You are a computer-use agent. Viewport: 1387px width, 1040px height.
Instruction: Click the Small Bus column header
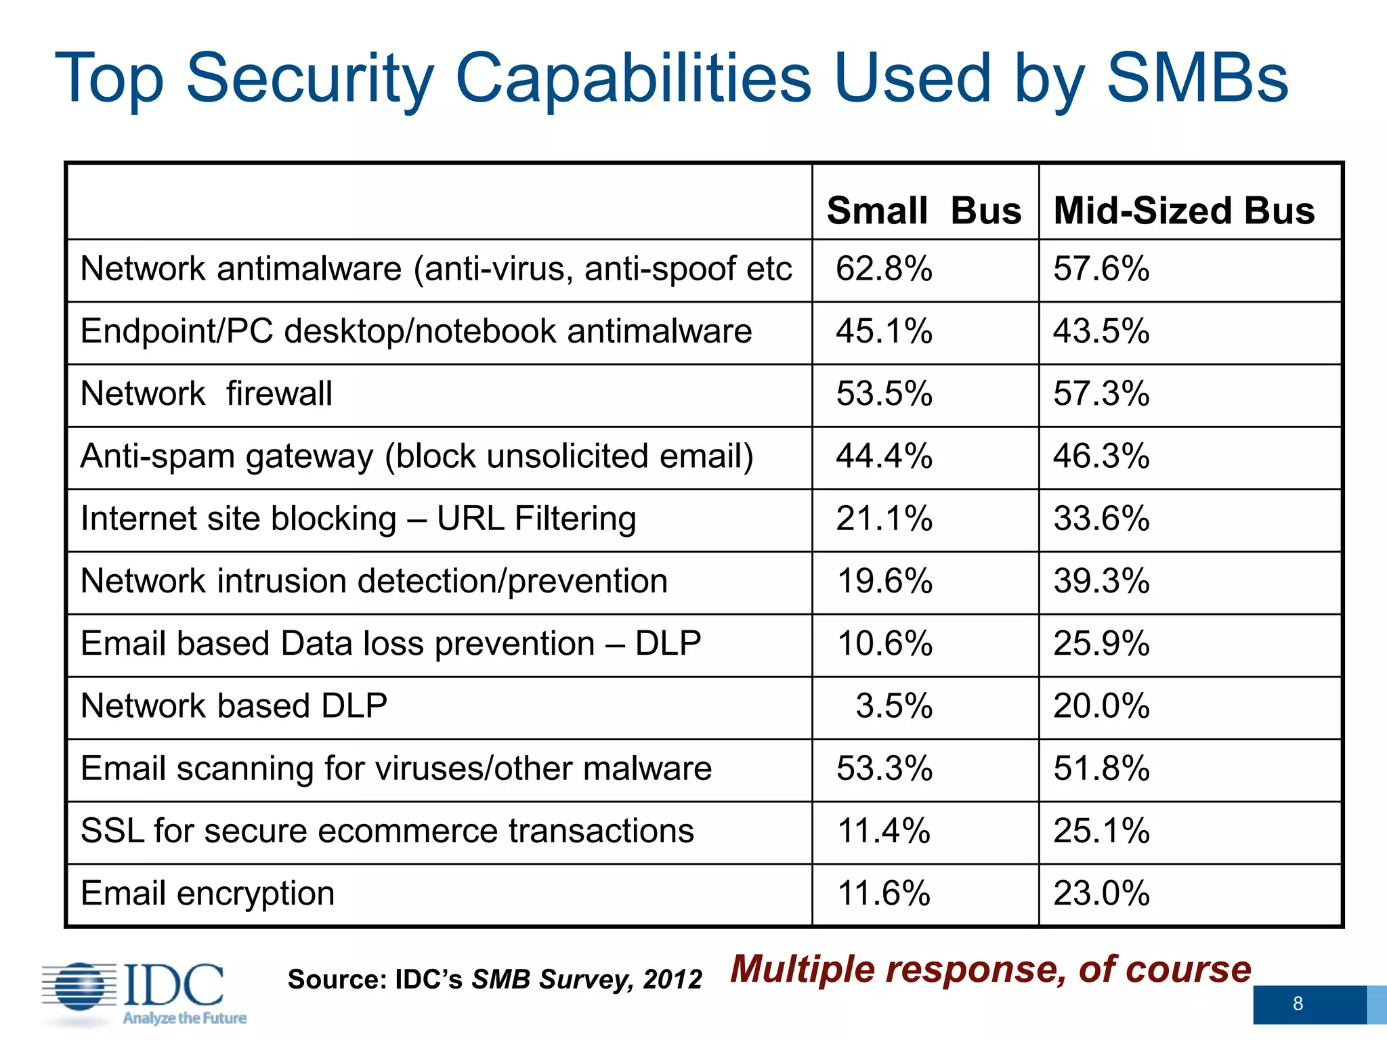(924, 211)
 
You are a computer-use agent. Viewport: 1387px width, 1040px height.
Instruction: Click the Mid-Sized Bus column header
(1184, 211)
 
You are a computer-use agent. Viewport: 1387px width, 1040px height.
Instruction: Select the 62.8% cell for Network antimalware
(884, 269)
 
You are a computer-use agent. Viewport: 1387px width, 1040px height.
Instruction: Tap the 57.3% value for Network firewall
(1101, 394)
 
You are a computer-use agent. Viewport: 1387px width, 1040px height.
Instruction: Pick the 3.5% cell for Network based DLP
(894, 706)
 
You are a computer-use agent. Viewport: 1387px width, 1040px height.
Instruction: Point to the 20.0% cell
(1101, 706)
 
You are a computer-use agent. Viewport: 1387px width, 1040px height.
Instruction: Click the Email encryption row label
(207, 893)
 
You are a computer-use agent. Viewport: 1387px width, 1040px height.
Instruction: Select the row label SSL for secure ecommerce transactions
(387, 831)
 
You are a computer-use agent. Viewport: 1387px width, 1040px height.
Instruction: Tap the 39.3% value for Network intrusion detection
(1101, 582)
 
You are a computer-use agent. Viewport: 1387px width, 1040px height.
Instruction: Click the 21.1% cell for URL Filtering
(884, 519)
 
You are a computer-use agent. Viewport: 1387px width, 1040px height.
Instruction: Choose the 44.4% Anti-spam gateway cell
(884, 456)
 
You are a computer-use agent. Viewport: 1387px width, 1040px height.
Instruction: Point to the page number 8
(1298, 1003)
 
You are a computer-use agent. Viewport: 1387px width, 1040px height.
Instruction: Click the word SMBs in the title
(1197, 79)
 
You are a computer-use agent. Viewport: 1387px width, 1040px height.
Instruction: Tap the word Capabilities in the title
(633, 79)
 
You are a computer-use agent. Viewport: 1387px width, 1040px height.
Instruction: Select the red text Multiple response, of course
(990, 969)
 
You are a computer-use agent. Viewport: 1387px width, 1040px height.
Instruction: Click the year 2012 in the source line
(673, 980)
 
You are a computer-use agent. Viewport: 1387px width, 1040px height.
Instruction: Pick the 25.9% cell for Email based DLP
(1101, 644)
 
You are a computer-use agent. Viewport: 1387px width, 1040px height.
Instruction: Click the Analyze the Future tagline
(184, 1018)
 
